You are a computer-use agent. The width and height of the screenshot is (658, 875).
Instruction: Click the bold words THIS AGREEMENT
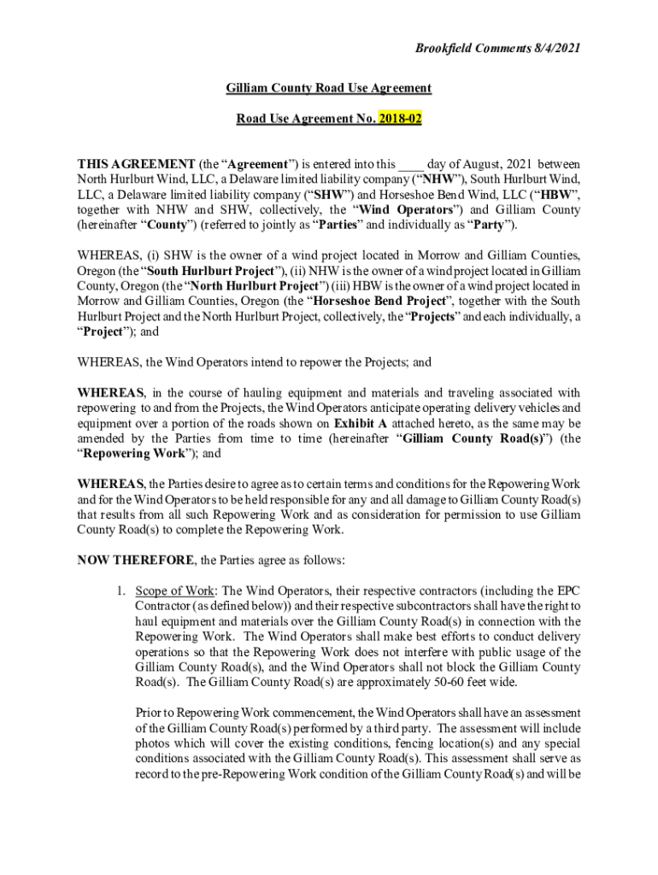click(124, 164)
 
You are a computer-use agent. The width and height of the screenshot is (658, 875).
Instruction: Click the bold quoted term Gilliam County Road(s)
click(474, 439)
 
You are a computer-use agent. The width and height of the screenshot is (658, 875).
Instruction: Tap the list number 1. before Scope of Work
click(122, 591)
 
